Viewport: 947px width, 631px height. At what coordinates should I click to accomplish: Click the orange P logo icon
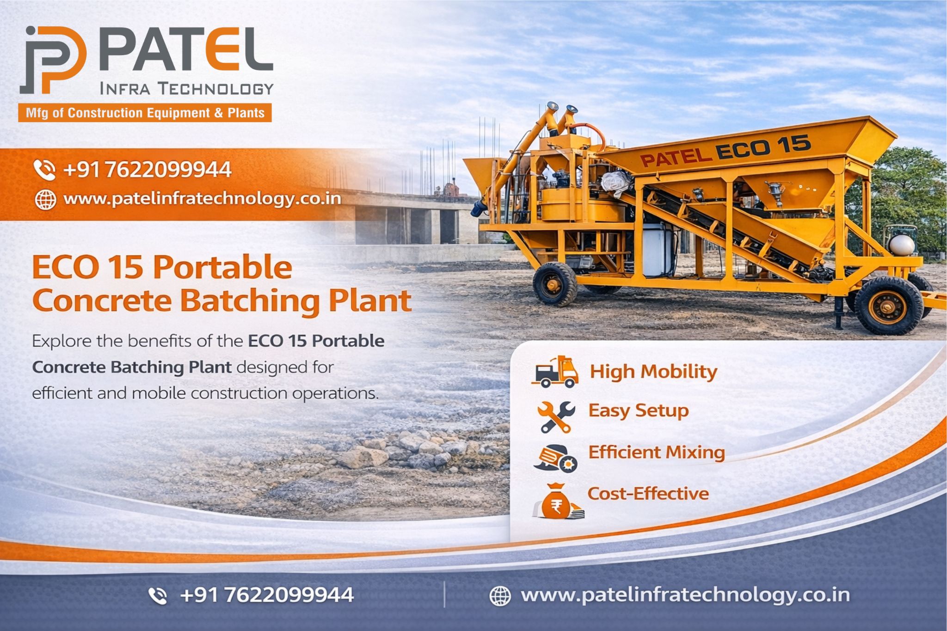54,60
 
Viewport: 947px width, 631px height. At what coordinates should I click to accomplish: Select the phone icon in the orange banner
45,170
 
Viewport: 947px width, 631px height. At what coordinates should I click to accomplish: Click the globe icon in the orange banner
45,200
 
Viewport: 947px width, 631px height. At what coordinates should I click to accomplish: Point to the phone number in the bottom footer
267,595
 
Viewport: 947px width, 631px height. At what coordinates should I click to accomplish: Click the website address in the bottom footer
685,595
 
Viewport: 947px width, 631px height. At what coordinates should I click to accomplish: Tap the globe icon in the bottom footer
500,596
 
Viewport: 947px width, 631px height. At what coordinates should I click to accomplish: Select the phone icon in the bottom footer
158,596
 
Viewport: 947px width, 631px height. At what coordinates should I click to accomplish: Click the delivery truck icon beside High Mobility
555,372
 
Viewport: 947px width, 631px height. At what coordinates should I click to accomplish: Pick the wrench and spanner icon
556,417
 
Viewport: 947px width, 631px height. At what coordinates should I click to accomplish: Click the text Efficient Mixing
656,453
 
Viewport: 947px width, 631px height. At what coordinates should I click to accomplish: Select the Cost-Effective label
648,494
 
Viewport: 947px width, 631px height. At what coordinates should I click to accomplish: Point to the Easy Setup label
639,410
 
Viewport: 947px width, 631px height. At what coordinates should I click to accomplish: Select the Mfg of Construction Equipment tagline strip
145,113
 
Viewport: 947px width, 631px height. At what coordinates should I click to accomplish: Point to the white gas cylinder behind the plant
902,245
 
